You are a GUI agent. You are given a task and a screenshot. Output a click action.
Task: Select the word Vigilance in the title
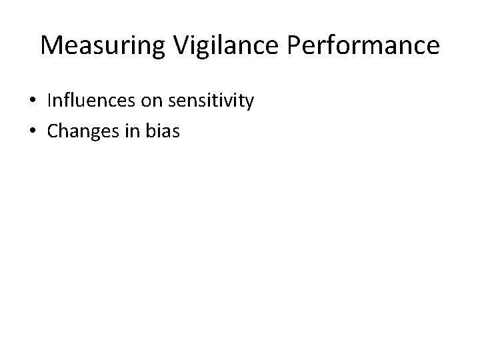tap(209, 45)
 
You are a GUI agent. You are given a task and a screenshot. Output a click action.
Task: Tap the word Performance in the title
tap(354, 45)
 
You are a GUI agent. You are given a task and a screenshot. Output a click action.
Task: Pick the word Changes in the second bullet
tap(82, 131)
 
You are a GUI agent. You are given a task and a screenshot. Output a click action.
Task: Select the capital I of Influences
tap(50, 101)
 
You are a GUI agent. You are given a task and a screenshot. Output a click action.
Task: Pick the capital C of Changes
tap(53, 131)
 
